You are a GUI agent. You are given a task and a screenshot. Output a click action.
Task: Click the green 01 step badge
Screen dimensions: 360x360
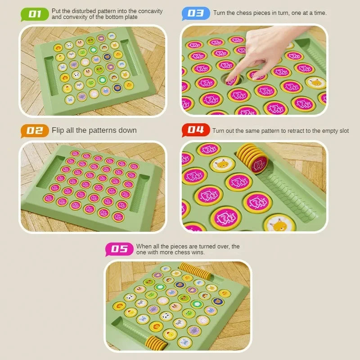click(x=35, y=14)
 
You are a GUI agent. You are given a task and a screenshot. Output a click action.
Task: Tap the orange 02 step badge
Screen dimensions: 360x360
click(x=35, y=130)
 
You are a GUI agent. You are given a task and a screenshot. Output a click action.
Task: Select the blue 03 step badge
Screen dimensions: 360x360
click(x=195, y=13)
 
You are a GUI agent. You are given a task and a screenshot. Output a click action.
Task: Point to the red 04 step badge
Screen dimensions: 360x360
click(x=195, y=130)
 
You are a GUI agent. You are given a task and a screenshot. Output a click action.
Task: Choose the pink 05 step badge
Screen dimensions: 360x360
click(x=119, y=249)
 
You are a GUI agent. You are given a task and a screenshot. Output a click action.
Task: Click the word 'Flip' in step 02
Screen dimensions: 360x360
click(x=58, y=130)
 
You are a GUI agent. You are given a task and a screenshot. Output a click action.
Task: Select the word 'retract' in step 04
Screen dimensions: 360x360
click(x=290, y=131)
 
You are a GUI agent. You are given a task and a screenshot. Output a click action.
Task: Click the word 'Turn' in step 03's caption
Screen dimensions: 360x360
click(x=219, y=13)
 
